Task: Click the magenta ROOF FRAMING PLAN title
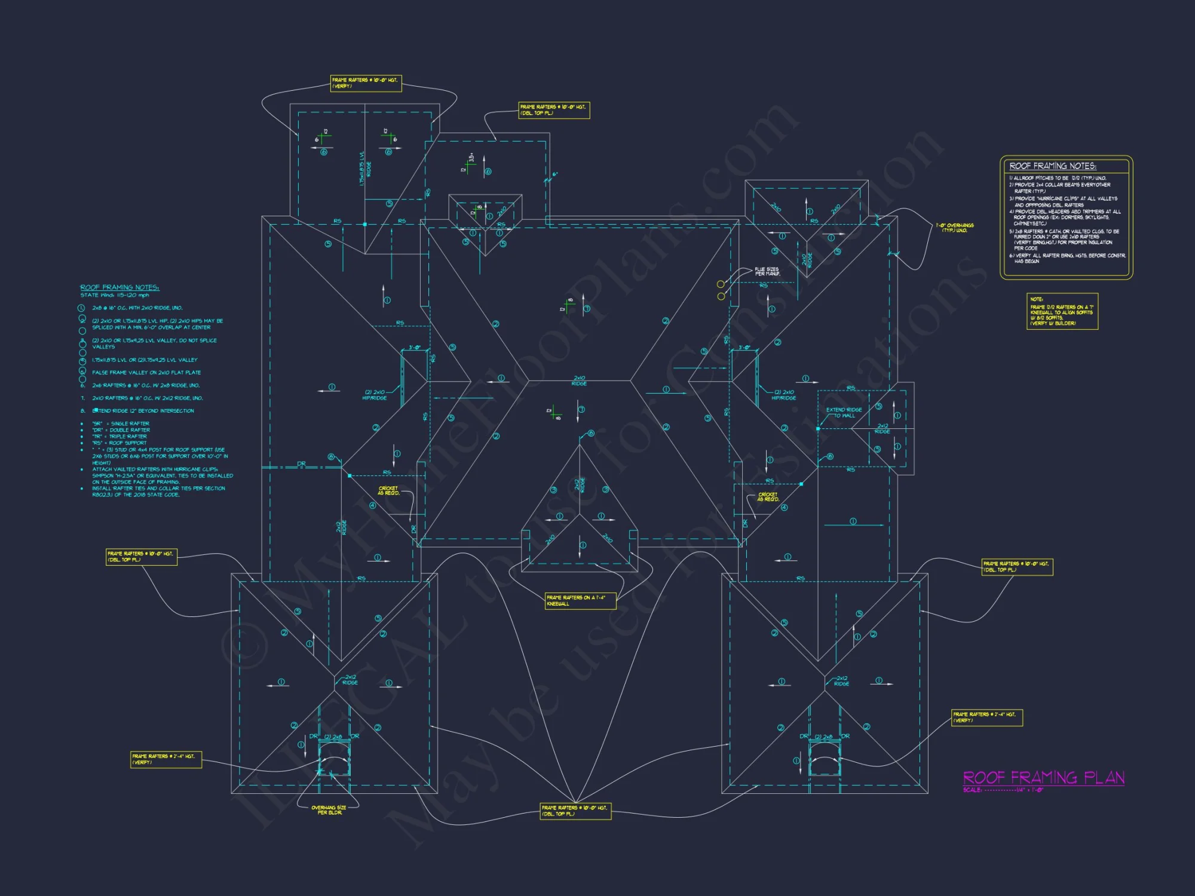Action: (x=1043, y=777)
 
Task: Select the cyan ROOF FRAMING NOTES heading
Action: (x=119, y=287)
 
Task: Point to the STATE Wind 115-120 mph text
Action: (x=115, y=295)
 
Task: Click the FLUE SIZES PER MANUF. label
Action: (x=767, y=271)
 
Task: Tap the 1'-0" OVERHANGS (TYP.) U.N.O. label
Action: (x=954, y=228)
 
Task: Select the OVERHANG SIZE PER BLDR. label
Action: (x=329, y=810)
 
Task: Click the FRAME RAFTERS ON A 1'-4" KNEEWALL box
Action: (x=580, y=600)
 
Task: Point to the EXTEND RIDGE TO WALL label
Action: (x=844, y=412)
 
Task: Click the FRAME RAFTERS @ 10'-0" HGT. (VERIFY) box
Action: (x=366, y=83)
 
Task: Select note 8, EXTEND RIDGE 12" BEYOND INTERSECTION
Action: (x=143, y=411)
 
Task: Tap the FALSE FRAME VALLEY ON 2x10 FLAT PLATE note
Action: (x=146, y=372)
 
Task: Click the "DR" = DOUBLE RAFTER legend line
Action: (x=121, y=430)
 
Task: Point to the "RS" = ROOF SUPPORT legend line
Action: (x=119, y=443)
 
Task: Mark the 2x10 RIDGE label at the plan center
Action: (x=579, y=381)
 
